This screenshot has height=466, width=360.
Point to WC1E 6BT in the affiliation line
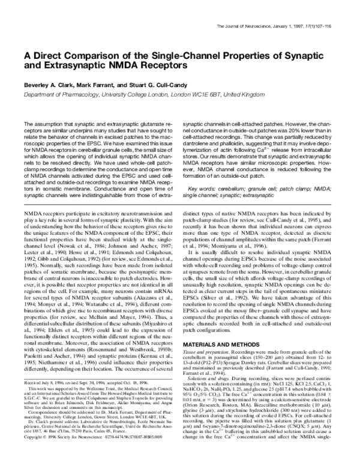click(226, 94)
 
